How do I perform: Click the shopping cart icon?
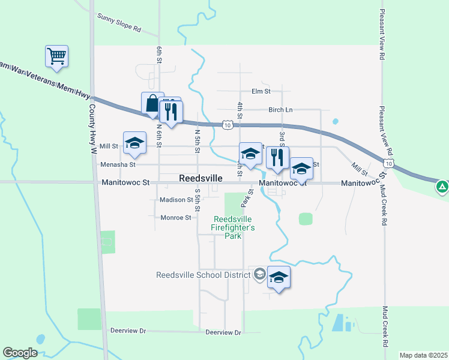[56, 56]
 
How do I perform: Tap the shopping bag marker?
[152, 103]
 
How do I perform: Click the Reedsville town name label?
[201, 179]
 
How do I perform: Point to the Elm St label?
[261, 91]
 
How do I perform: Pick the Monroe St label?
[176, 218]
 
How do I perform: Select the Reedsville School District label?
[203, 275]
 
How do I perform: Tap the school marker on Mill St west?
[134, 143]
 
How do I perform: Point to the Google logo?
[20, 353]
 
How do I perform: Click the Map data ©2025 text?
[423, 355]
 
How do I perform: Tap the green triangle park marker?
[442, 187]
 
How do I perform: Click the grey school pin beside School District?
[259, 274]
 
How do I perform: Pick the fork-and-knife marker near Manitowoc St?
[277, 158]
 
